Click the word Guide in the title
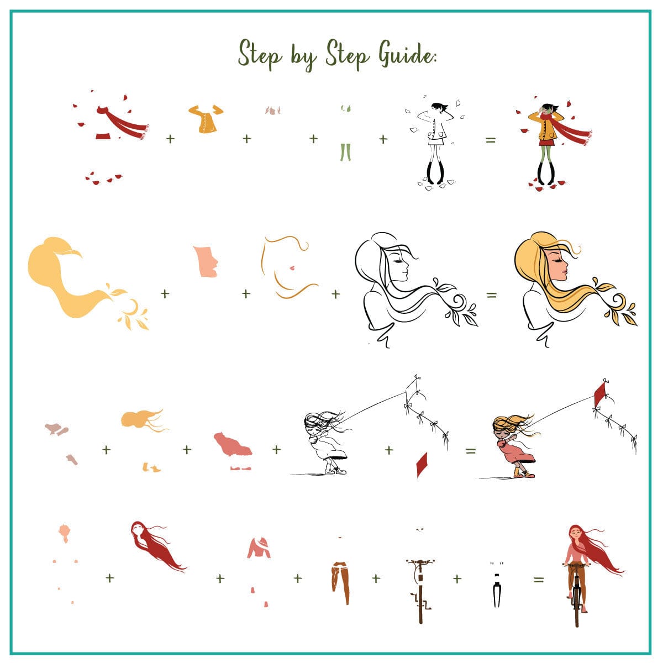pos(407,55)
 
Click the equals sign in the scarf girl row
pos(490,140)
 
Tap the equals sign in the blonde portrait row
pos(491,295)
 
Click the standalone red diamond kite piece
pos(422,465)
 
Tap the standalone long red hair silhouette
pos(156,548)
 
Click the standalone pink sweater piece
pos(259,548)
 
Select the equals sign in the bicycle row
pos(539,580)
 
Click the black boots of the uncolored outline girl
pos(435,172)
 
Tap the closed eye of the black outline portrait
pos(399,260)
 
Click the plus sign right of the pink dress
pos(276,449)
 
